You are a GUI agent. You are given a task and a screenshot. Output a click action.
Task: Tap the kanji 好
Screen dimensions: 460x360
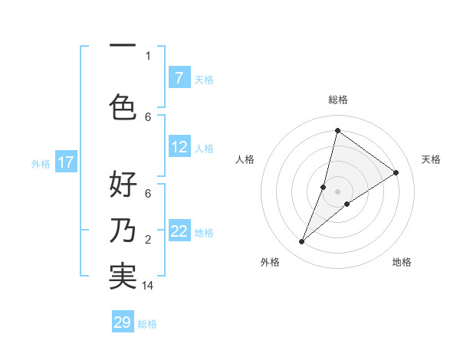(x=123, y=185)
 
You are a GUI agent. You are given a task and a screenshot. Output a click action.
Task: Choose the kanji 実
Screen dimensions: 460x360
(x=123, y=276)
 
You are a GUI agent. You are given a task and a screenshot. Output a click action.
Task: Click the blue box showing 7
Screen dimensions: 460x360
(x=179, y=78)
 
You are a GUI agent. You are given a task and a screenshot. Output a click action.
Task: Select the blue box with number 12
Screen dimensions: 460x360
(x=179, y=147)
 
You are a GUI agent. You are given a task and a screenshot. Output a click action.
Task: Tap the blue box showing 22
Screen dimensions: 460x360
(x=179, y=231)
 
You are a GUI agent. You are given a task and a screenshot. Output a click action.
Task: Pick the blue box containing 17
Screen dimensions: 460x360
(x=66, y=162)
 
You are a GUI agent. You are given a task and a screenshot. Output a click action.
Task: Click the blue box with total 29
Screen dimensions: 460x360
(x=123, y=322)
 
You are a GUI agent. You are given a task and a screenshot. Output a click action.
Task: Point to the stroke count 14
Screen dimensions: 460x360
(x=148, y=286)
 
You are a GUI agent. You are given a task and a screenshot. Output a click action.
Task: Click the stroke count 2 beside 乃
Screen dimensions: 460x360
(x=148, y=240)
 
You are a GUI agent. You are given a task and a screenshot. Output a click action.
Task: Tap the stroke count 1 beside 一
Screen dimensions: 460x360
(x=148, y=55)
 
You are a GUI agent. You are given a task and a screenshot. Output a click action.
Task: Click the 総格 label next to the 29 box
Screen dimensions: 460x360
(x=147, y=323)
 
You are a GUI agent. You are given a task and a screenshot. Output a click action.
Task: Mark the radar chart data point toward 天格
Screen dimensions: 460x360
(x=396, y=173)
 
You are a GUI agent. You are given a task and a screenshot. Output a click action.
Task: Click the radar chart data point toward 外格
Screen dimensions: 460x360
(x=301, y=242)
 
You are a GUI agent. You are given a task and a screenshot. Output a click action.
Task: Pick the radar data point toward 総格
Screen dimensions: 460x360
(x=337, y=130)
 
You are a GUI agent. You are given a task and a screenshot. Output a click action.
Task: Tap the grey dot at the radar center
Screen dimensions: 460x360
(x=337, y=191)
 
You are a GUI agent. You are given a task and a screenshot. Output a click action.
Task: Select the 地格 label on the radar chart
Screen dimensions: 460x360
(x=402, y=262)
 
